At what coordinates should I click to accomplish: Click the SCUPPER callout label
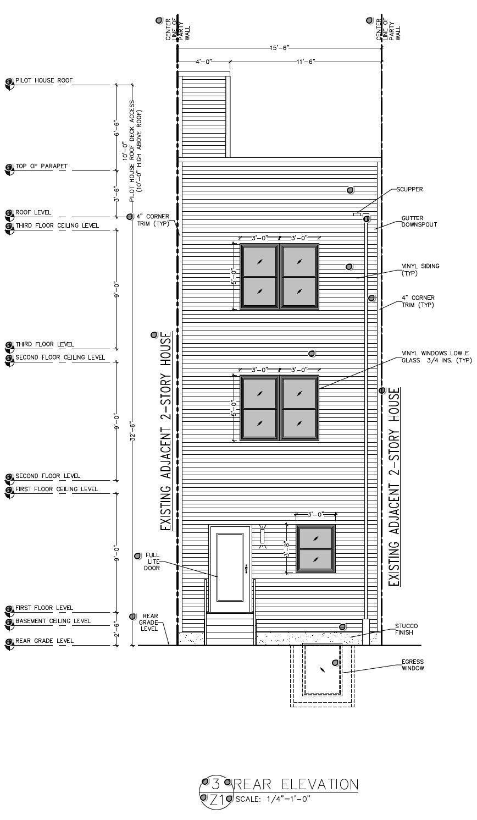tap(409, 189)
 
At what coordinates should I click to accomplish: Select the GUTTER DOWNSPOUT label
tap(419, 221)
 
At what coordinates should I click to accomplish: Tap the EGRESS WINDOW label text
tap(412, 665)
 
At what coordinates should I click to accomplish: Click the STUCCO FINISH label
tap(407, 629)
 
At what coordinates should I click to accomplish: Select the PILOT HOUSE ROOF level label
tap(44, 80)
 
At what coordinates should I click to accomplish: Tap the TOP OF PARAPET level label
tap(41, 166)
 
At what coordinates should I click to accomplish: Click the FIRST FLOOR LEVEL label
tap(44, 608)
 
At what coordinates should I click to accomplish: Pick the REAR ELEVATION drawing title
tap(296, 784)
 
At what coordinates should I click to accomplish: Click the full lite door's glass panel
tap(230, 566)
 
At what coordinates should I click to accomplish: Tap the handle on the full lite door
tap(246, 568)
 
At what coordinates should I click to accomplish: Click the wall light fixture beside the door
tap(262, 536)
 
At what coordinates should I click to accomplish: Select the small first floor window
tap(315, 549)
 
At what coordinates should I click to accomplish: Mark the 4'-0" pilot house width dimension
tap(203, 62)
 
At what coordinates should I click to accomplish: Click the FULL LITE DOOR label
tap(152, 562)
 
